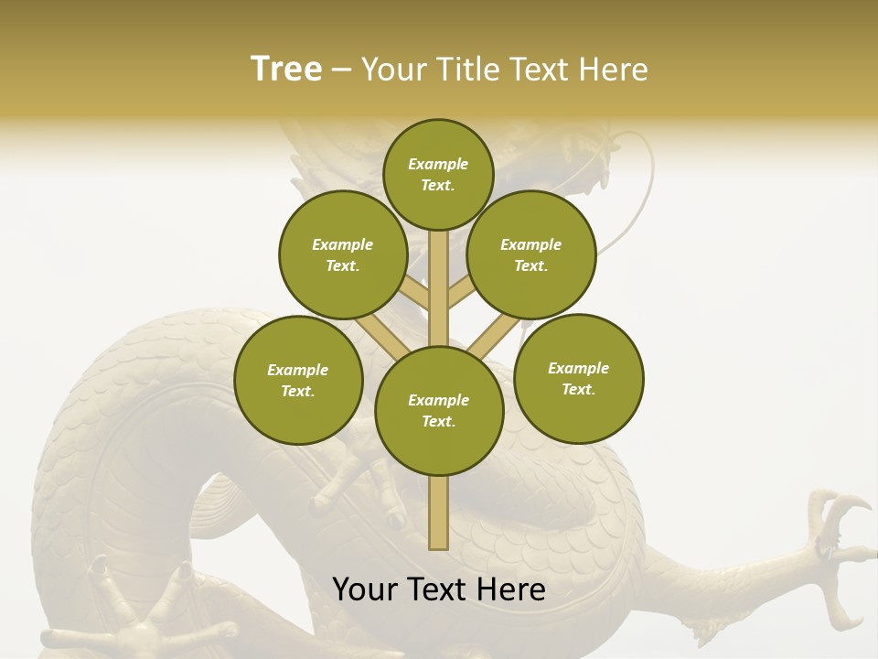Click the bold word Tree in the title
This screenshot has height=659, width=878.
click(286, 69)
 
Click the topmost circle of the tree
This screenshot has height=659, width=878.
click(438, 174)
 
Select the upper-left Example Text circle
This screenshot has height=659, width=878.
click(343, 254)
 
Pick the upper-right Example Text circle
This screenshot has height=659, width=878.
click(531, 254)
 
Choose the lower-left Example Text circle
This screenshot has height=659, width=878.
click(298, 380)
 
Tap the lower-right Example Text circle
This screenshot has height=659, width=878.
click(578, 378)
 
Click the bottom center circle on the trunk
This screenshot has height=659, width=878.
click(439, 411)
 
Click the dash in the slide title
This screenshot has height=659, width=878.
click(341, 70)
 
